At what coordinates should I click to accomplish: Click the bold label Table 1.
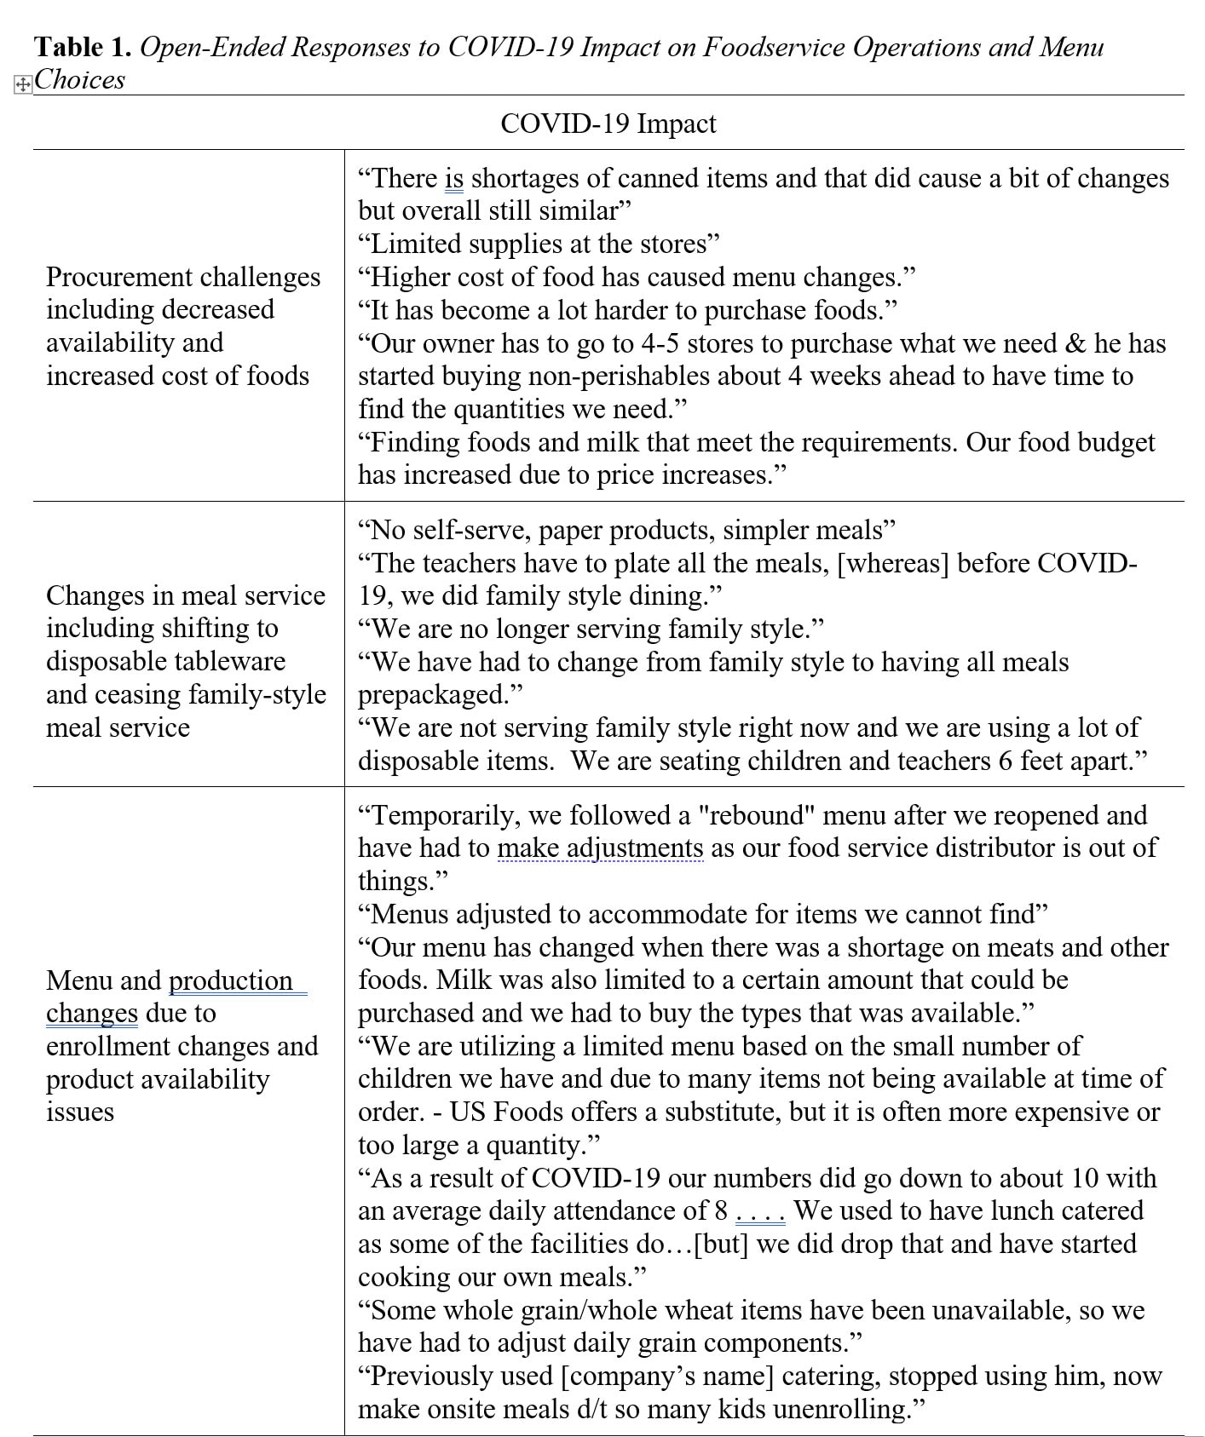pos(82,47)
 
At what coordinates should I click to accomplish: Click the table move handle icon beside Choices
pos(23,84)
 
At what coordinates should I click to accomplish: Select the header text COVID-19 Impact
pos(608,124)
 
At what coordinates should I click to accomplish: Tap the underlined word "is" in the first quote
pos(454,178)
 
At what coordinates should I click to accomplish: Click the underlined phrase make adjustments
pos(600,848)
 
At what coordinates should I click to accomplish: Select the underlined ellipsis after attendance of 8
pos(759,1211)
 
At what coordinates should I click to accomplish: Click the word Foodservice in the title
pos(773,47)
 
